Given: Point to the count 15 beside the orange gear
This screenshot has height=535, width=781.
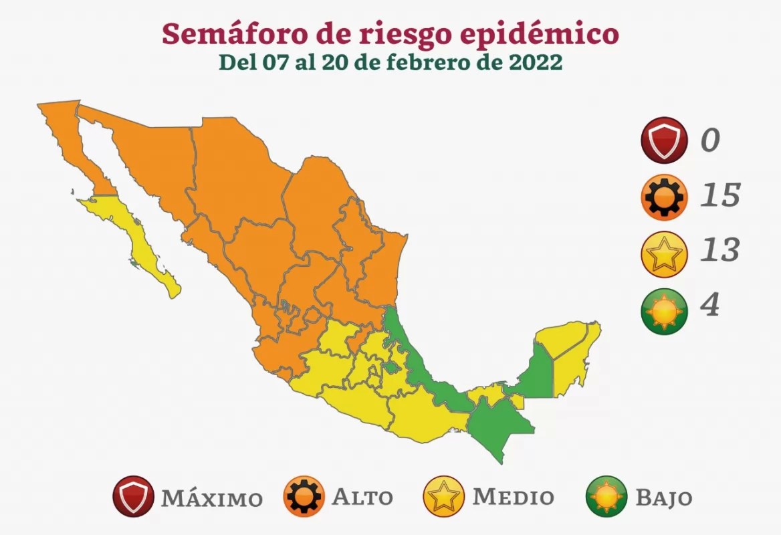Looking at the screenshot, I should (719, 195).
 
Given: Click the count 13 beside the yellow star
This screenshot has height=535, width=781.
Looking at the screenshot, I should (719, 250).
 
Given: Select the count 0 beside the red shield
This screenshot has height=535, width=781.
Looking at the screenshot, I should (709, 140).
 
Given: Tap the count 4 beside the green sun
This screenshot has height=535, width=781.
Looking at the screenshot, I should (709, 306).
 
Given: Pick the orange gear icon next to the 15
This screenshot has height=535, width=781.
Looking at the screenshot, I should (664, 197).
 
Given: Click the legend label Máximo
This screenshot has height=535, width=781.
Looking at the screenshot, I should (211, 498).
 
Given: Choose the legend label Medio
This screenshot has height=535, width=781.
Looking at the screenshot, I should (513, 498).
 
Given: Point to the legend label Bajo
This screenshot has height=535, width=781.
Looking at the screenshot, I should (663, 498).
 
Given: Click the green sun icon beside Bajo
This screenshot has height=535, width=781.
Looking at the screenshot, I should (606, 496).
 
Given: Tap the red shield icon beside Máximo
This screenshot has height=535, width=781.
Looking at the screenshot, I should (134, 496).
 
